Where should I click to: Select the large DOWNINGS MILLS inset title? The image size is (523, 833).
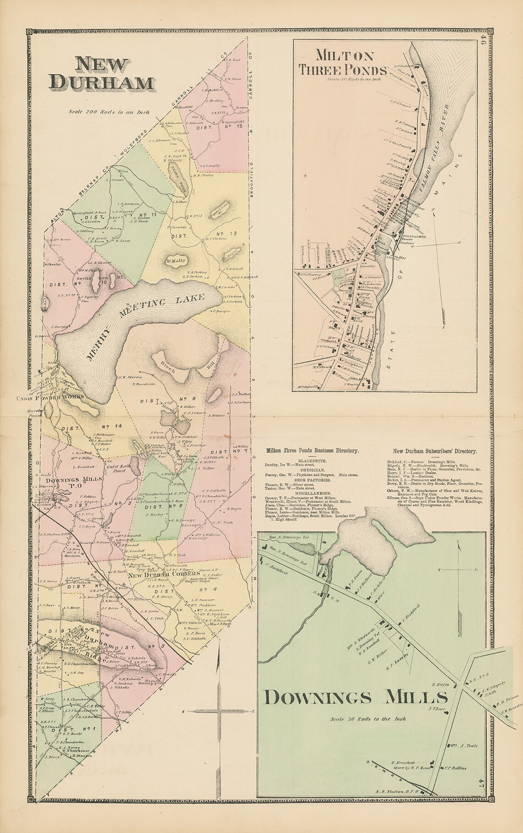(x=356, y=697)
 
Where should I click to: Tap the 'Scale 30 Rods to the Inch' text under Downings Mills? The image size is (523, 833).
(x=368, y=719)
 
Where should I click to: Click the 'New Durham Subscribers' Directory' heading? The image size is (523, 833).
(x=434, y=451)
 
